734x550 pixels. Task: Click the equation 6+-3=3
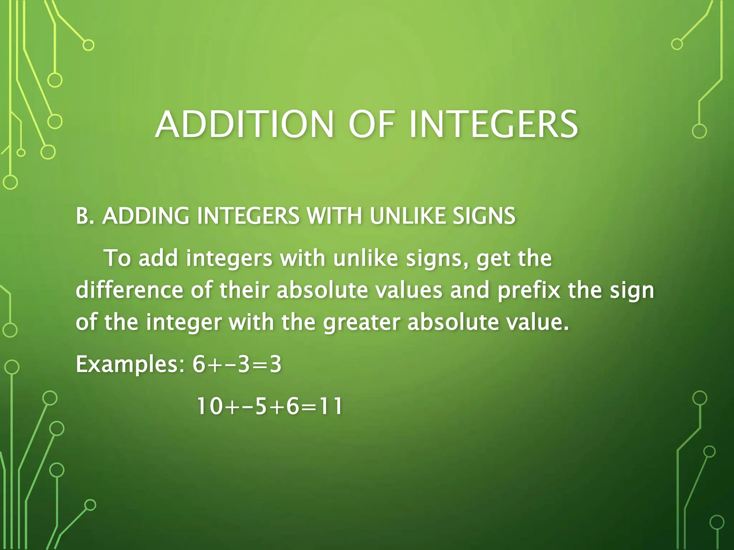[x=237, y=365]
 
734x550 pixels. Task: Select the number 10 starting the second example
[x=209, y=407]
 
